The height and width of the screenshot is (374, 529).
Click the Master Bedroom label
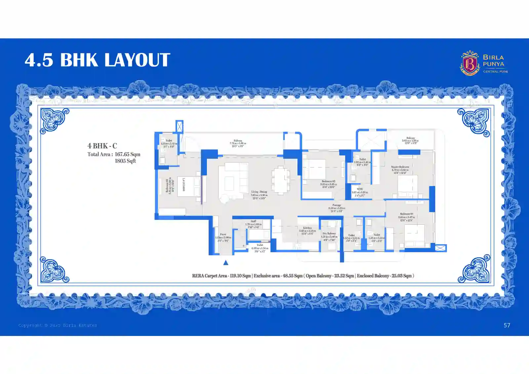[x=400, y=167]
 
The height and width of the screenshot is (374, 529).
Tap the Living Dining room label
[x=259, y=192]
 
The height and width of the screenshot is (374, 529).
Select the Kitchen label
[x=307, y=228]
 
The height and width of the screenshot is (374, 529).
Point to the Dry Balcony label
[x=329, y=233]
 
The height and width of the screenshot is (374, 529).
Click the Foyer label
[x=223, y=234]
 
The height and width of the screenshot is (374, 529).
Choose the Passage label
[x=337, y=205]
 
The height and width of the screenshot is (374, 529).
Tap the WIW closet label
[x=360, y=189]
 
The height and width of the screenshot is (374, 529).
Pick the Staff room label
[x=253, y=221]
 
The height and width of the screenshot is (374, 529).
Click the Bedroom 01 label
[x=406, y=214]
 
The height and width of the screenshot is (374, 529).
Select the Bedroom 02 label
[x=328, y=181]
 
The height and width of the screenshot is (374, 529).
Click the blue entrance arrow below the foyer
[x=226, y=263]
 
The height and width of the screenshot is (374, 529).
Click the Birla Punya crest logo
[x=469, y=63]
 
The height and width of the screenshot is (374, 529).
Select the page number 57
[x=507, y=325]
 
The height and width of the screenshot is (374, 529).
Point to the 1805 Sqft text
[x=125, y=161]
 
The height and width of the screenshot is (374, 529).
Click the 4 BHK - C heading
[x=102, y=146]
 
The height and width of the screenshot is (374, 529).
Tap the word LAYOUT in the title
[x=137, y=60]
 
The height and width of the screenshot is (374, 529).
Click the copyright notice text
[x=58, y=325]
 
